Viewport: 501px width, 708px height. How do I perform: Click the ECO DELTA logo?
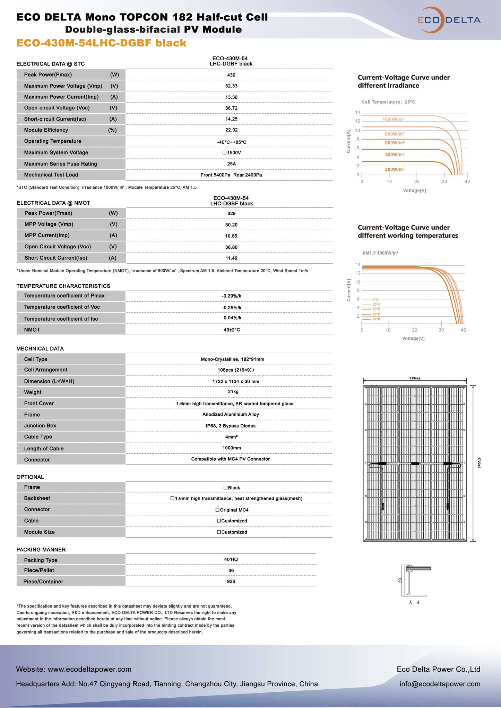coord(449,20)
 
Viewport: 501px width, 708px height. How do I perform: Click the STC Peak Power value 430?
coord(231,75)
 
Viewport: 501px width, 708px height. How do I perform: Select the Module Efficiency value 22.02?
coord(231,130)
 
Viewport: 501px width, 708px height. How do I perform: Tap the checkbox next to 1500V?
coord(224,153)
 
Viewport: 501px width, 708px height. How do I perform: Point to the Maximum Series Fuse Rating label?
coord(60,164)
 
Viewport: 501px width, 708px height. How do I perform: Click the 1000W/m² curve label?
coord(393,120)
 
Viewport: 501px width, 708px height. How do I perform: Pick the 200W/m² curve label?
coord(395,169)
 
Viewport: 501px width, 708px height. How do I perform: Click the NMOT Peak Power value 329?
coord(231,213)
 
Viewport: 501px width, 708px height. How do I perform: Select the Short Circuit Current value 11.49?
coord(231,258)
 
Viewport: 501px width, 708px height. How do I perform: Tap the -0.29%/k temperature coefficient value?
coord(231,296)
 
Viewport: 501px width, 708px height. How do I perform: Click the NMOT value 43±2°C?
coord(232,330)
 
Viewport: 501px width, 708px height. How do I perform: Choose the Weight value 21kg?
coord(233,392)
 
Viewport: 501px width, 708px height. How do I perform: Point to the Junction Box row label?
coord(40,426)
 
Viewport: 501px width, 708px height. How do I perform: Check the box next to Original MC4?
coord(217,510)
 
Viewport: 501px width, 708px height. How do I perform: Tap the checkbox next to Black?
coord(225,488)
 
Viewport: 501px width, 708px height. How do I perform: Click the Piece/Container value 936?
coord(231,582)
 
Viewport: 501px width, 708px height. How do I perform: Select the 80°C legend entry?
coord(376,319)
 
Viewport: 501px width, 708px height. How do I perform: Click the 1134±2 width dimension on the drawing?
coord(415,378)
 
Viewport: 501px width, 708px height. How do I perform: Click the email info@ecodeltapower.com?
coord(440,684)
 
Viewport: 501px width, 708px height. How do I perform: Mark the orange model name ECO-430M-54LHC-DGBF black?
coord(101,43)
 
